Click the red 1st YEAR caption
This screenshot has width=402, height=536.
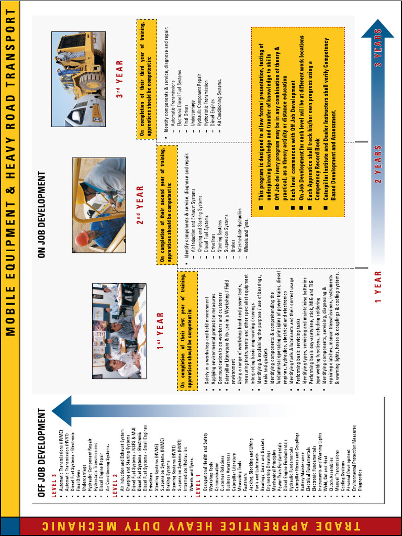pos(160,331)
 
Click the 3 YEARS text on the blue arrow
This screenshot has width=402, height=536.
pos(378,47)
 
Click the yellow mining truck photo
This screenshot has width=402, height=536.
pos(77,79)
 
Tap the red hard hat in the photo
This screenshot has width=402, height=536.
pos(81,239)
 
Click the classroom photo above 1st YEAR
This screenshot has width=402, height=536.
pos(119,331)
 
